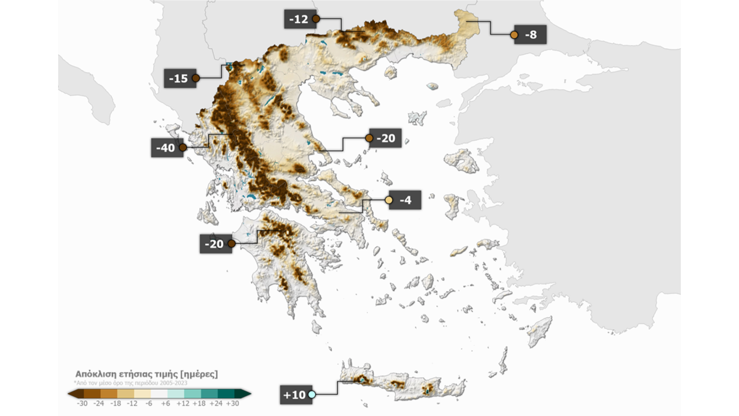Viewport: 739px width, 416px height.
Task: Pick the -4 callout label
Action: point(405,200)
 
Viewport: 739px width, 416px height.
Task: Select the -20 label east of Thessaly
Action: point(385,138)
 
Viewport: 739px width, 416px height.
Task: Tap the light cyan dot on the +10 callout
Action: point(312,394)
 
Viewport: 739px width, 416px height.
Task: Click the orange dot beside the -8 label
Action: point(514,35)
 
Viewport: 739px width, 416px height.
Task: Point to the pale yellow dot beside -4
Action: point(389,200)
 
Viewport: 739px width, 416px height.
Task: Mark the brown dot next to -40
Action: point(183,148)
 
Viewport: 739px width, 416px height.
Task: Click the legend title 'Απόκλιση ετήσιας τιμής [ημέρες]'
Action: point(146,374)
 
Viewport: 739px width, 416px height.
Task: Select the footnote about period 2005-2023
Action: point(131,383)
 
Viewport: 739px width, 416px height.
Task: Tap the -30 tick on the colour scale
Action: point(82,403)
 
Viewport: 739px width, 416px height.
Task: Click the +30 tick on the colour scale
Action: point(232,403)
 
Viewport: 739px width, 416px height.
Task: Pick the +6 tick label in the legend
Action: point(166,403)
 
